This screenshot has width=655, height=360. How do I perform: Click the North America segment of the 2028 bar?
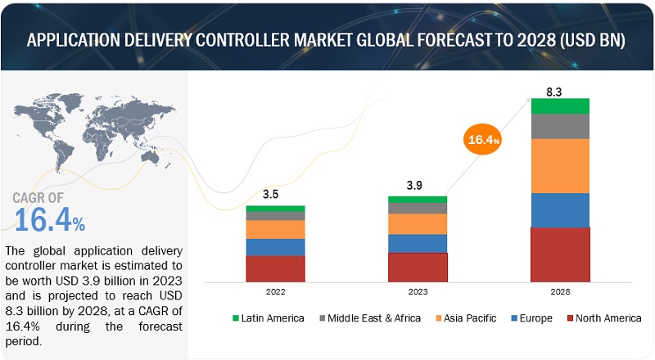(560, 254)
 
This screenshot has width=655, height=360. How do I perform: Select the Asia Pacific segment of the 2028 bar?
(560, 165)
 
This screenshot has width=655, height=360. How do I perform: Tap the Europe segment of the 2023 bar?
(418, 243)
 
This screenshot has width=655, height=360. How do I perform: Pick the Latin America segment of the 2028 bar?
(560, 106)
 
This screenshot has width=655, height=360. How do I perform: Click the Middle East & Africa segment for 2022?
(275, 216)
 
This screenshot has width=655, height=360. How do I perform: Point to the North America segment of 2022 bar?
(275, 268)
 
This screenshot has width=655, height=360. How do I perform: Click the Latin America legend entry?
(269, 317)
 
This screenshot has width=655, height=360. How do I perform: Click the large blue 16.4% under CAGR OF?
(49, 220)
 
